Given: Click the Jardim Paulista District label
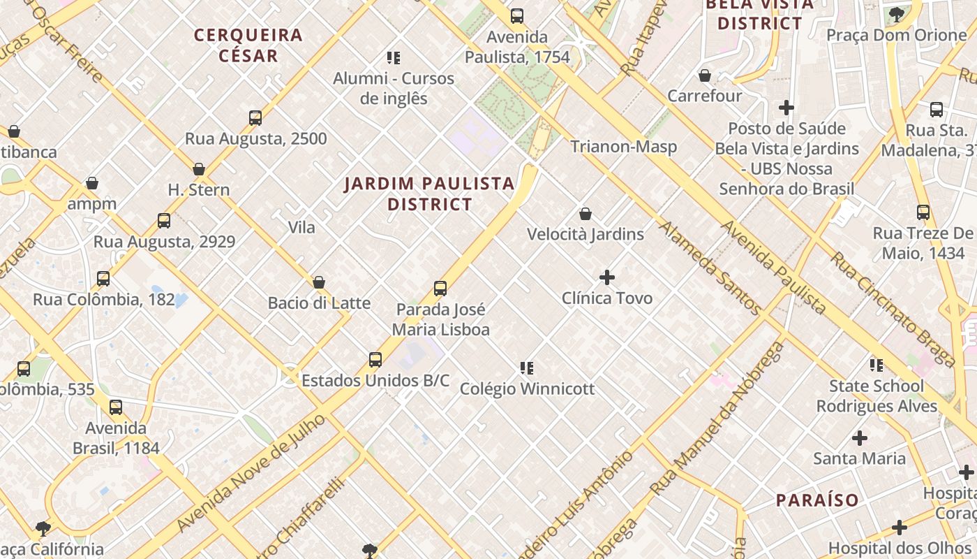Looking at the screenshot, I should (x=429, y=194).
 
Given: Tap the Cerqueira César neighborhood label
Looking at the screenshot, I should (x=248, y=45).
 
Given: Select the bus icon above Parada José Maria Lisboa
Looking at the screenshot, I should (x=440, y=288).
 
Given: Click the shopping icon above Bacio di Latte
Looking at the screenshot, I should (x=319, y=282).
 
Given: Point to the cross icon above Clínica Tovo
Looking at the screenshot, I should (x=607, y=277).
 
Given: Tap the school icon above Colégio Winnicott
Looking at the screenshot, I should (x=527, y=368).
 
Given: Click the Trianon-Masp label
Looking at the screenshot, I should (x=623, y=147).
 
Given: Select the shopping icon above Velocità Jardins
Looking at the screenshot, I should (x=586, y=214).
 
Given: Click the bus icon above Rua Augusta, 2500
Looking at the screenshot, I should (x=255, y=117).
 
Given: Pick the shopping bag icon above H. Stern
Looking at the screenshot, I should (x=199, y=169).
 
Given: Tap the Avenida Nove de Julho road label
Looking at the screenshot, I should (x=251, y=472).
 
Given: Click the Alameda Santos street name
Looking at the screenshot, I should (x=709, y=268).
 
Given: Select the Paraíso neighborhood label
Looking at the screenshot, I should (x=817, y=500).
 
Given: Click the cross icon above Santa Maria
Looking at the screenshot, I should (x=860, y=438).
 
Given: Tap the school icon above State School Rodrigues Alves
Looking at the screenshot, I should (x=877, y=365).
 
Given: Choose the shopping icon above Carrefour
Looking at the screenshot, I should (x=705, y=75).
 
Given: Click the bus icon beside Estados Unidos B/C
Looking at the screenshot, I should (x=375, y=360).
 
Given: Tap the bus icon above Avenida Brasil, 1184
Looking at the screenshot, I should (x=116, y=407).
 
